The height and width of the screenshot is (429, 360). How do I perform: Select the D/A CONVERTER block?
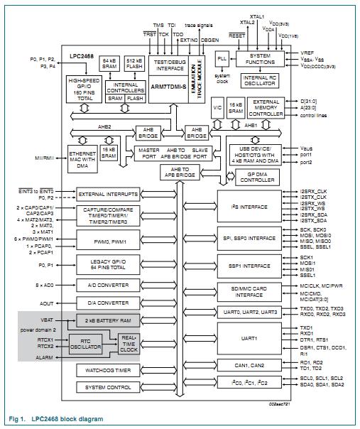[x=108, y=302]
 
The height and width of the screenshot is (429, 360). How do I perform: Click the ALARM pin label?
[x=44, y=358]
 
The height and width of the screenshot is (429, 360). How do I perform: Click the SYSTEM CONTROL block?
[x=108, y=387]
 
